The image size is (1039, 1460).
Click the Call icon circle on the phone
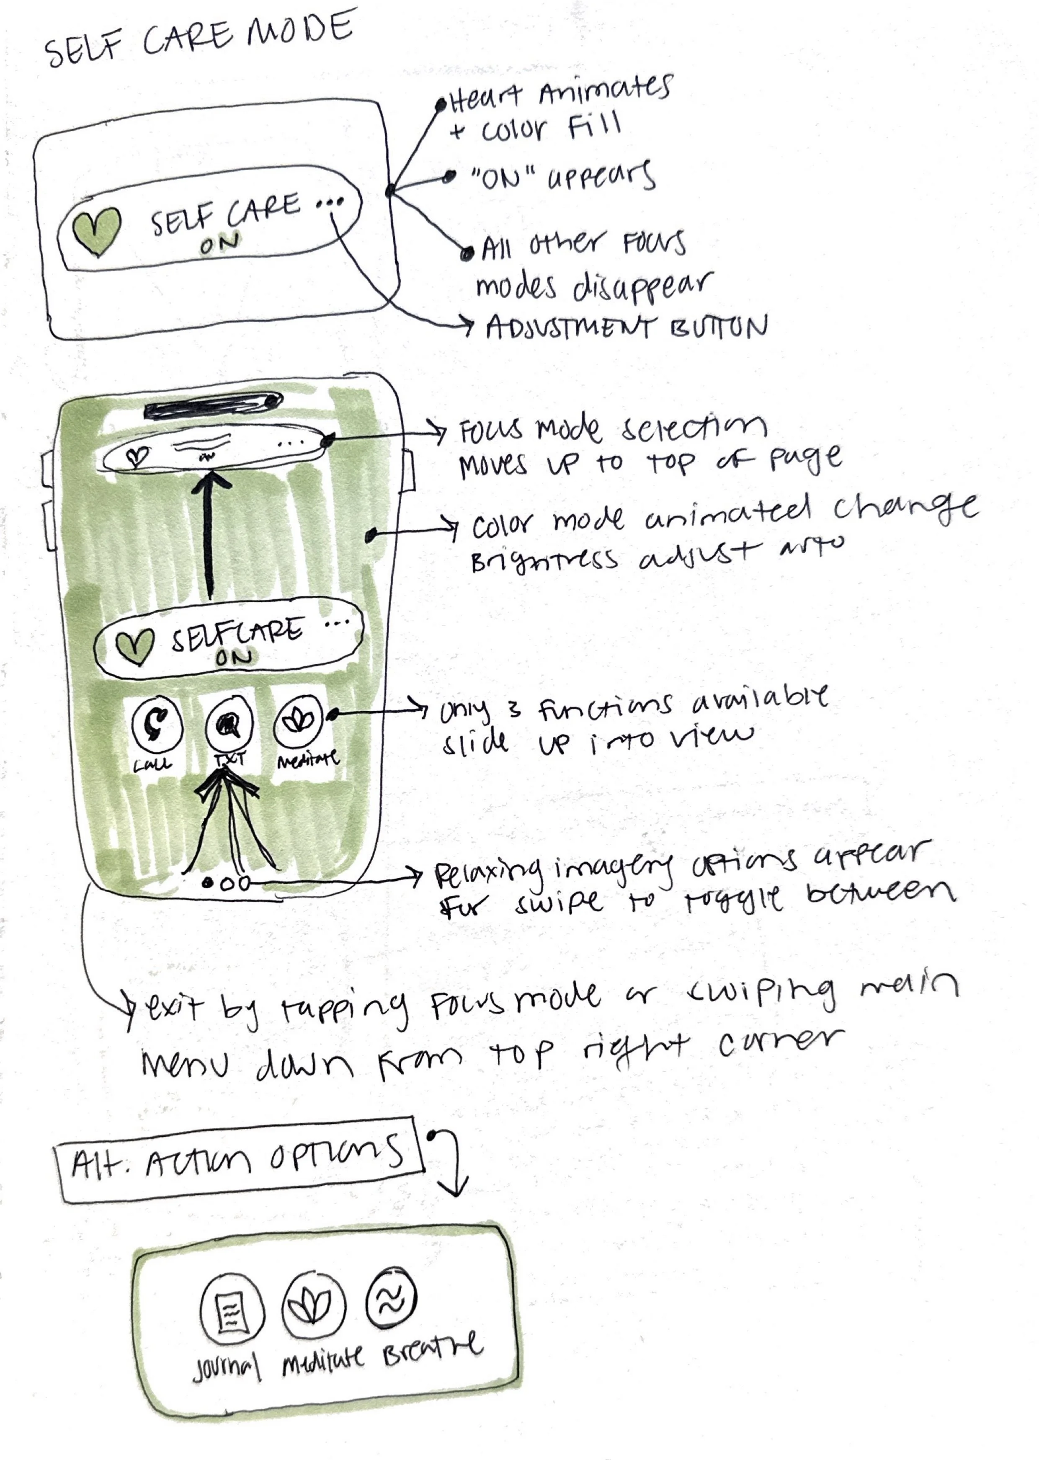157,724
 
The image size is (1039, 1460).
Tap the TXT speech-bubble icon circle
228,724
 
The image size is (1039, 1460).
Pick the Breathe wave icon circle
391,1297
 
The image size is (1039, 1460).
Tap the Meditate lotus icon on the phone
298,721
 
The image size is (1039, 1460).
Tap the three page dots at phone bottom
226,884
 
